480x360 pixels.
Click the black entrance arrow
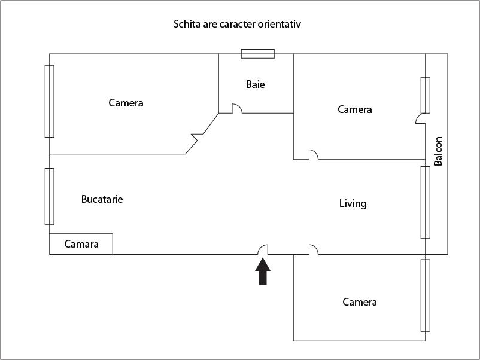(x=263, y=272)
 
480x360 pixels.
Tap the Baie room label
(x=255, y=84)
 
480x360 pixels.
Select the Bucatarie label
(x=102, y=199)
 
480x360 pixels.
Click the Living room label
(x=353, y=203)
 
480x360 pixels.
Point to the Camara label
(x=81, y=244)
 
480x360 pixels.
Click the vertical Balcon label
(x=438, y=151)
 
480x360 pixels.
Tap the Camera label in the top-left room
(x=126, y=103)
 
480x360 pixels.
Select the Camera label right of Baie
(x=354, y=109)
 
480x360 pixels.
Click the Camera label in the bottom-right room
(x=359, y=302)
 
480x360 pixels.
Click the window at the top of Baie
(x=258, y=54)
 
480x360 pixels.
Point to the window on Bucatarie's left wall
(x=50, y=196)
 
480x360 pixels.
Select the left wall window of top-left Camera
(x=50, y=100)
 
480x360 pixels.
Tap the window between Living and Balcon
(x=426, y=202)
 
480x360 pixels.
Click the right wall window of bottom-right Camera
(x=426, y=295)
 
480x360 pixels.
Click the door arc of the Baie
(x=237, y=109)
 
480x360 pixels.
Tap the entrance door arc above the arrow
(x=263, y=249)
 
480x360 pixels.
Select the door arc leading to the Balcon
(x=420, y=119)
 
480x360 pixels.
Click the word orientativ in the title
(x=286, y=25)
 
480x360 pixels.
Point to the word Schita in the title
(x=186, y=25)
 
